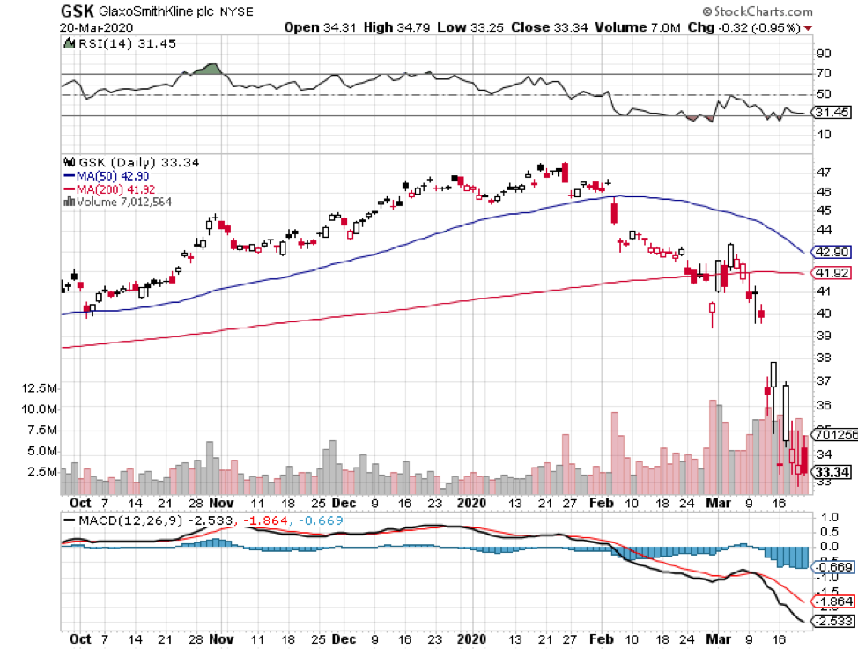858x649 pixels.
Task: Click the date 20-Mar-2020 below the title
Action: pyautogui.click(x=91, y=27)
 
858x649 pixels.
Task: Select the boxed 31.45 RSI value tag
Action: pyautogui.click(x=831, y=113)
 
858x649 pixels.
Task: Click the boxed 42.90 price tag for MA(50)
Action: pyautogui.click(x=831, y=251)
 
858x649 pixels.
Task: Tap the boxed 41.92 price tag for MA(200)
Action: pyautogui.click(x=831, y=273)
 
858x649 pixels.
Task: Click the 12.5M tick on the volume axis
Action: pyautogui.click(x=41, y=388)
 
